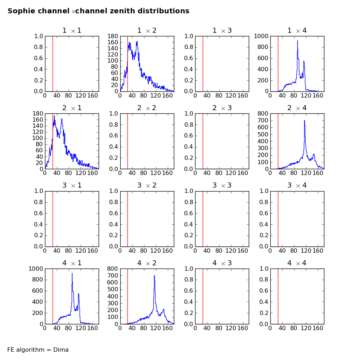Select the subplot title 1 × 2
click(147, 31)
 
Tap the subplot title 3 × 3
click(222, 185)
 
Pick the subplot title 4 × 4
click(297, 263)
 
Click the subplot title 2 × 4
click(297, 108)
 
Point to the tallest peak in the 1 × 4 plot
click(297, 41)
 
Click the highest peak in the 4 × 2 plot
click(154, 276)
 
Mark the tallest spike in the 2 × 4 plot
click(305, 121)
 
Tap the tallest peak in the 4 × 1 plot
click(72, 273)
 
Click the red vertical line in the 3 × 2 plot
click(127, 219)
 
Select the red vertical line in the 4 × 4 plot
click(278, 296)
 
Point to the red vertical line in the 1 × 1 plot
click(53, 64)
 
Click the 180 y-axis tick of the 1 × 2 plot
click(113, 36)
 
